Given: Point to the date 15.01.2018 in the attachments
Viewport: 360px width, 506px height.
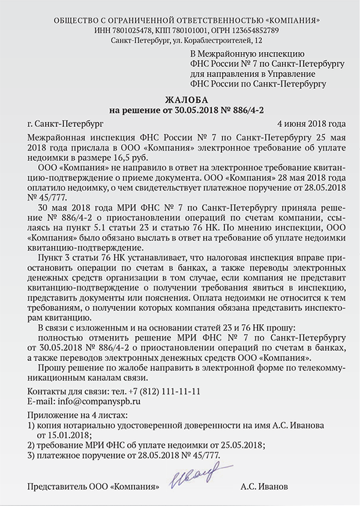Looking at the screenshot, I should [65, 434].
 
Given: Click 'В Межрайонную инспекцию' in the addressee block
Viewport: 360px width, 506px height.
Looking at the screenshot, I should [236, 55].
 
